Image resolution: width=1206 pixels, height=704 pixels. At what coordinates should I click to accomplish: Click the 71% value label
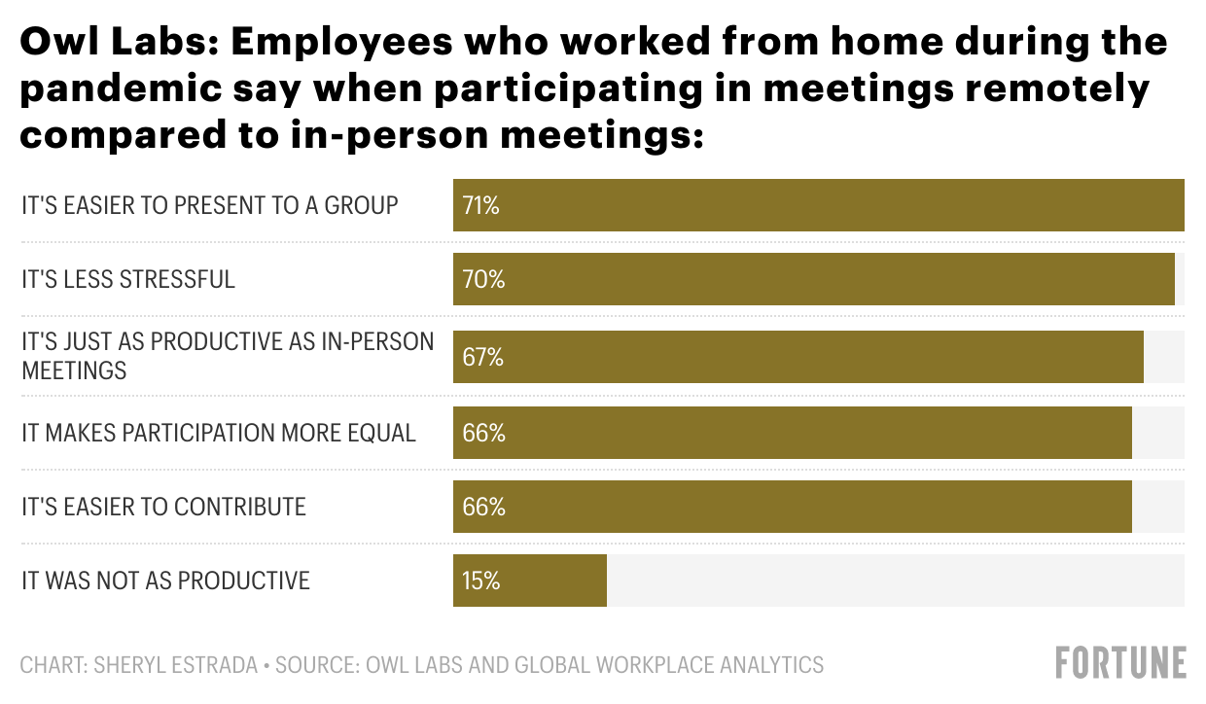[481, 206]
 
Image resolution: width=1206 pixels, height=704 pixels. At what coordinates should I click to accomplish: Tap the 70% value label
[483, 280]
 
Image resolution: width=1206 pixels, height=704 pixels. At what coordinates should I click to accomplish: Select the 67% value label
[482, 357]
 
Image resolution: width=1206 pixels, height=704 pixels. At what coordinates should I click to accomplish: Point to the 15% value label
[481, 581]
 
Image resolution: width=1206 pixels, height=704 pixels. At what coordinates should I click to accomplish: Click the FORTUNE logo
[1120, 663]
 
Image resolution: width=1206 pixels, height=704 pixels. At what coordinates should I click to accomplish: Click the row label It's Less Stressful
[128, 280]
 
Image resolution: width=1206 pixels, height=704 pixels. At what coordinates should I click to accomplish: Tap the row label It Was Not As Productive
[165, 581]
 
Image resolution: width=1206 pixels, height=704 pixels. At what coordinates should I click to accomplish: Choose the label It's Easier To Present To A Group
[210, 206]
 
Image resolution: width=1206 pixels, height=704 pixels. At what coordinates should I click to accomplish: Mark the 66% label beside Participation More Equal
[483, 432]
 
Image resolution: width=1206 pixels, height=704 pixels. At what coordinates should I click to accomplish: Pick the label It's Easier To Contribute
[163, 507]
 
